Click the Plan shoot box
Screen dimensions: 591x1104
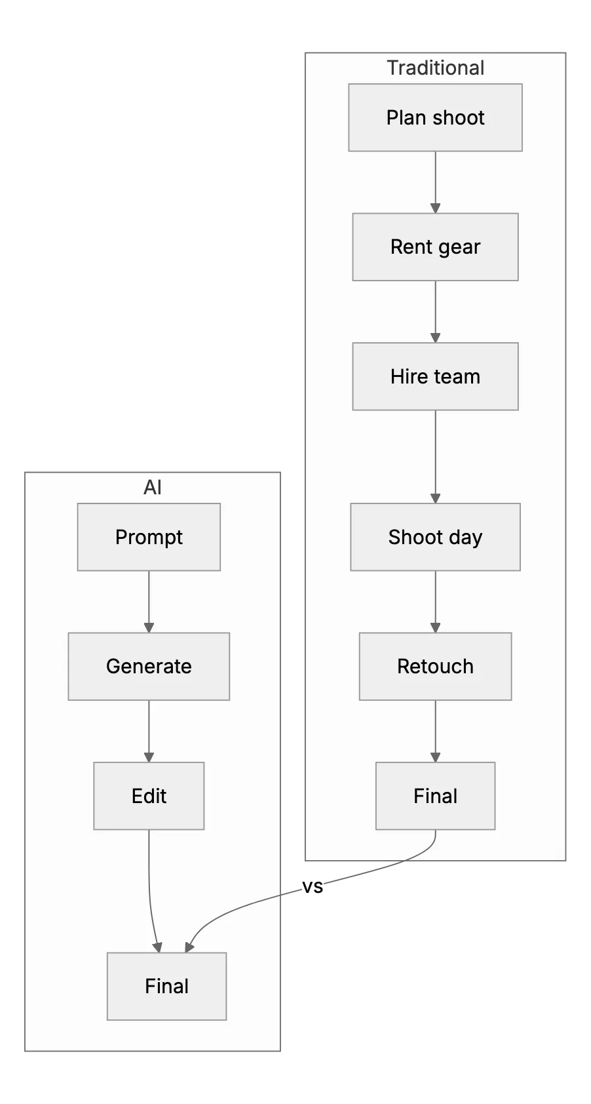435,117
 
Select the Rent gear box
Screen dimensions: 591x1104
435,247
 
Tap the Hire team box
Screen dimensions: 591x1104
435,376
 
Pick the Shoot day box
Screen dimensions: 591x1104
435,537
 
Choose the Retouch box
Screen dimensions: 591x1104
435,666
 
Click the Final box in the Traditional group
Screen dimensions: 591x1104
435,796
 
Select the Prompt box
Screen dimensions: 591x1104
149,537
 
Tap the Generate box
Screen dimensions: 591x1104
149,666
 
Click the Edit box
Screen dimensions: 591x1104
149,796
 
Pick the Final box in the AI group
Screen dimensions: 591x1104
167,986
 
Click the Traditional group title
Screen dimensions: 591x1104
435,68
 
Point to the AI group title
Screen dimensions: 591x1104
153,488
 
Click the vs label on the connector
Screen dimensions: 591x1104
313,887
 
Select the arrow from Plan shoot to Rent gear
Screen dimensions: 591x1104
435,182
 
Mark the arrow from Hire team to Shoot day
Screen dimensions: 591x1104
435,457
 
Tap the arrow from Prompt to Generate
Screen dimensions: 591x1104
149,602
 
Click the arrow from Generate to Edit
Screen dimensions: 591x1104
149,732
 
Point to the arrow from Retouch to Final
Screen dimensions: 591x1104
435,732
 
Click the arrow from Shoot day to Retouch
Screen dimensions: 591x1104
435,602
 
